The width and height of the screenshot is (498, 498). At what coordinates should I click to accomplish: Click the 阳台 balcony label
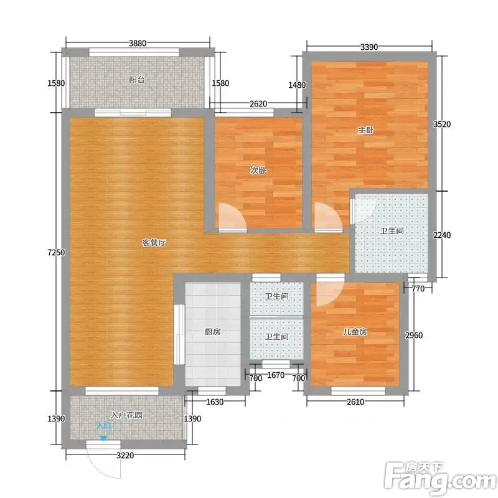tap(137, 80)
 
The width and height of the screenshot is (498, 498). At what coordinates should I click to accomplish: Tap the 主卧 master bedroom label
tap(366, 130)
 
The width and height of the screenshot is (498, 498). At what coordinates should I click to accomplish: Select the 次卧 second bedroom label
tap(258, 171)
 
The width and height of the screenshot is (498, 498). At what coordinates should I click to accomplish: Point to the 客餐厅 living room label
tap(154, 243)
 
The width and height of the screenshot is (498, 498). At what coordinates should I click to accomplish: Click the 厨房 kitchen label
tap(212, 332)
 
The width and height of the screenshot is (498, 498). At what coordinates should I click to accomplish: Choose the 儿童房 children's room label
tap(355, 332)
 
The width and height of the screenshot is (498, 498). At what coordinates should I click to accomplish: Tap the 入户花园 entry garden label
tap(126, 415)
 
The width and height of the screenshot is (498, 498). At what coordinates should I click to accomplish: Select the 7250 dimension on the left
tap(56, 253)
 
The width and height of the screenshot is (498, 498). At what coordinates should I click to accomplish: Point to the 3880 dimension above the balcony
tap(138, 43)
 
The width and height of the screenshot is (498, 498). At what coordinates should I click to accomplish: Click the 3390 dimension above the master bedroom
tap(369, 47)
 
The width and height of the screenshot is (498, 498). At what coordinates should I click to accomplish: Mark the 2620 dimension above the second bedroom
tap(258, 103)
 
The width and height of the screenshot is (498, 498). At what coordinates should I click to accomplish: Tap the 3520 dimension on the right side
tap(442, 124)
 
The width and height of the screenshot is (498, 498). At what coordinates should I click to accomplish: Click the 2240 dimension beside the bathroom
tap(442, 235)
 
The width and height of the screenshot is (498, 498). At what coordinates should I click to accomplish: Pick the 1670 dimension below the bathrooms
tap(276, 375)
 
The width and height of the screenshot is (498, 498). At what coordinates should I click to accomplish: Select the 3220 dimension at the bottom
tap(125, 456)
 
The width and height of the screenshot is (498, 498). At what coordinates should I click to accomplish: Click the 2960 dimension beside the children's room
tap(414, 336)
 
